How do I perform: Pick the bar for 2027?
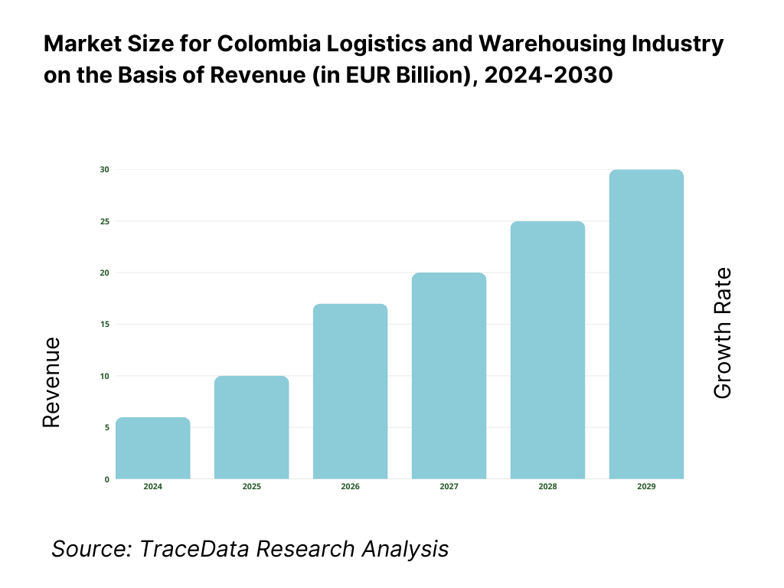pyautogui.click(x=449, y=376)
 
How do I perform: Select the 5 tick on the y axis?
pyautogui.click(x=106, y=427)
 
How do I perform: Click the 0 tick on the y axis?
pyautogui.click(x=106, y=479)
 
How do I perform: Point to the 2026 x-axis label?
pyautogui.click(x=351, y=487)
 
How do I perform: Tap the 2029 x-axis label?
pyautogui.click(x=647, y=487)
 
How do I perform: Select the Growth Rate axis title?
pyautogui.click(x=723, y=333)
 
